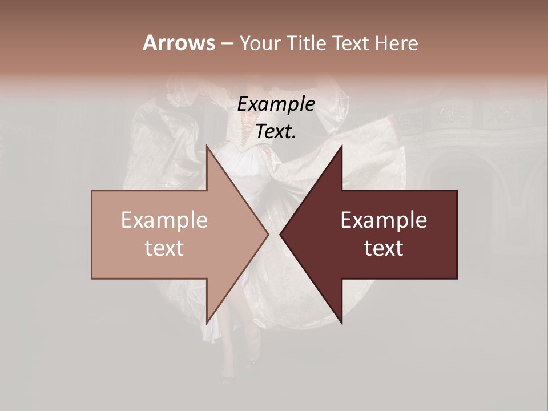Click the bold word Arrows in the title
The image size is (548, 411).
178,43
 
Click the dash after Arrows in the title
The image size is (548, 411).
227,43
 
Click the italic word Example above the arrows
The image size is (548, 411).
276,104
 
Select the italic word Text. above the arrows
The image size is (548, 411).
276,131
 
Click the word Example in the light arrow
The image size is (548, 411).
164,220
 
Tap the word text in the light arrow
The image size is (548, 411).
164,248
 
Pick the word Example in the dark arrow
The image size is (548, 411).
384,220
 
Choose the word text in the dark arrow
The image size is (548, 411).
384,248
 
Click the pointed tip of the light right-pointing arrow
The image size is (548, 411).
268,235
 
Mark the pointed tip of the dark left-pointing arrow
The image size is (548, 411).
280,235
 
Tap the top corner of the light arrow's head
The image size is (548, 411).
207,146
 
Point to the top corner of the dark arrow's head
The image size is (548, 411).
342,146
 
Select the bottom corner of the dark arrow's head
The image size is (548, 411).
342,324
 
